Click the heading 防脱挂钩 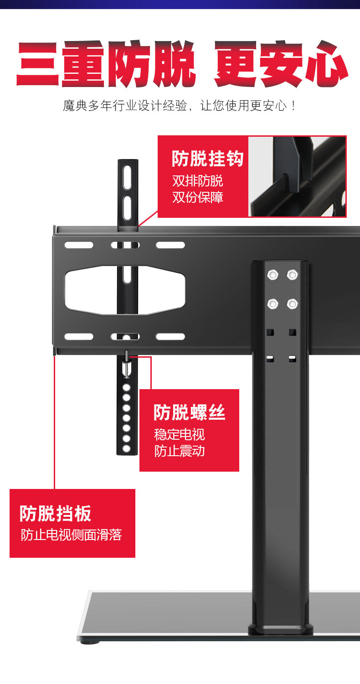(x=207, y=159)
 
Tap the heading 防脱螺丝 (x=189, y=412)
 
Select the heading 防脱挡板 (x=56, y=514)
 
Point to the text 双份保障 (x=197, y=197)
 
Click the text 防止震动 (x=180, y=451)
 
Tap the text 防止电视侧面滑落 (x=72, y=535)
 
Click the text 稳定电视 (x=180, y=434)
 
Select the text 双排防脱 (x=197, y=181)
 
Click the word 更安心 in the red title (x=280, y=65)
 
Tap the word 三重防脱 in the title (x=106, y=65)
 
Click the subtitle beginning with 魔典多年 (x=180, y=106)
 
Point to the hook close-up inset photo (x=297, y=176)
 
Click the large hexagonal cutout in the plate (x=124, y=290)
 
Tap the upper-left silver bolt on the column (x=273, y=275)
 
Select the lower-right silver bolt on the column (x=292, y=303)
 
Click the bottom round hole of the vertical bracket (x=127, y=448)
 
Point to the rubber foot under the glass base (x=90, y=643)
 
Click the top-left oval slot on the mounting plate (x=78, y=245)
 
